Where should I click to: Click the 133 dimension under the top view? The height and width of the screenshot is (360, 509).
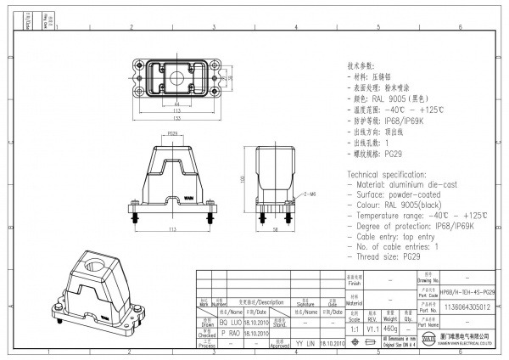[x=177, y=119]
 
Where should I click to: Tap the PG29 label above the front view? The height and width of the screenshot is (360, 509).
[x=172, y=133]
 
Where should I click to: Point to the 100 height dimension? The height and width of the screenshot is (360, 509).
[x=243, y=180]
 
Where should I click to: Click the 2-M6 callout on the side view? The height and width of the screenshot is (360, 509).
[x=308, y=195]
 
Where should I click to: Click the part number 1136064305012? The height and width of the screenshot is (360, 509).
[x=467, y=307]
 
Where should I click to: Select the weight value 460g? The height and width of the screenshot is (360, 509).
[x=391, y=327]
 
